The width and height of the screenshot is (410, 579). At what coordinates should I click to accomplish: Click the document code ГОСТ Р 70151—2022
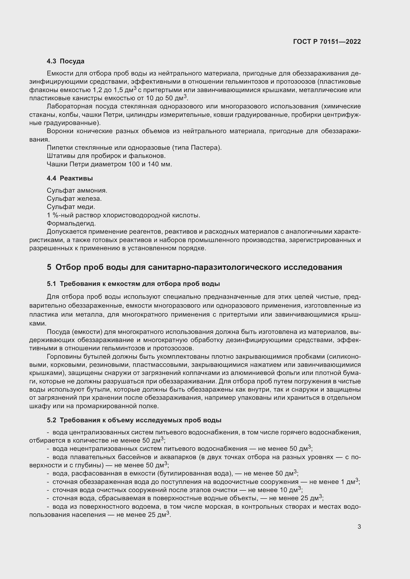click(327, 42)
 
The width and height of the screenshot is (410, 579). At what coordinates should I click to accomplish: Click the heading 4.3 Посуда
click(65, 61)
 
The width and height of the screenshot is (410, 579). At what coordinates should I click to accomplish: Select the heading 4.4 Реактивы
click(70, 178)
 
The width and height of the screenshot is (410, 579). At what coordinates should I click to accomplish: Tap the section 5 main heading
click(194, 267)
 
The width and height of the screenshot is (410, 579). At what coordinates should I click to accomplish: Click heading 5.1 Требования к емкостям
click(133, 284)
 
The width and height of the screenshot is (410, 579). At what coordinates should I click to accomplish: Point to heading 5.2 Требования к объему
click(134, 420)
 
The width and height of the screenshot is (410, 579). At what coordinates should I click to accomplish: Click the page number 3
click(359, 527)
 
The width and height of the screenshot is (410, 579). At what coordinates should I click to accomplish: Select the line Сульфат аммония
click(77, 190)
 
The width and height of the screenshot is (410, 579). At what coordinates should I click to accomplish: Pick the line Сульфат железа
click(74, 199)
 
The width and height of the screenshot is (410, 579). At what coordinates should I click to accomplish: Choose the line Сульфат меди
click(71, 207)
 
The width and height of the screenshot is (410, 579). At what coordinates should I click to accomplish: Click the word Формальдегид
click(71, 224)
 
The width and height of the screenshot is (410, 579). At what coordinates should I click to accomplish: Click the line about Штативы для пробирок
click(106, 156)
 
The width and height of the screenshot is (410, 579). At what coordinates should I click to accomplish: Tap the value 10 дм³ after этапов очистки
click(290, 490)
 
